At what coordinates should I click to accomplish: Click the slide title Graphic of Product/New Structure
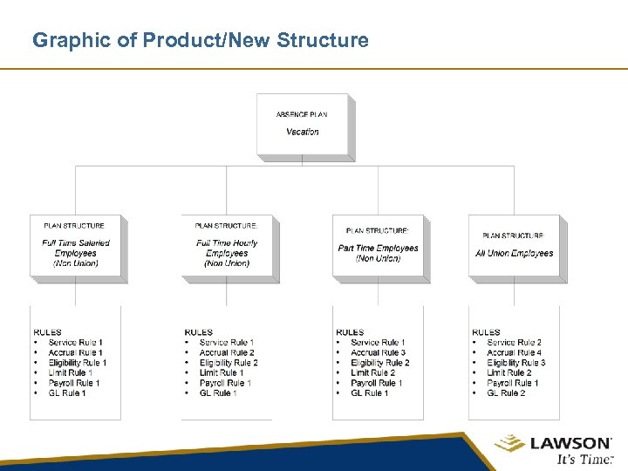point(200,40)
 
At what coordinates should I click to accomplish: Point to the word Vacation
point(303,132)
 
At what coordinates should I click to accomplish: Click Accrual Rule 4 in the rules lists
point(514,352)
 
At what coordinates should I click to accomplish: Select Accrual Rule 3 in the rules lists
point(378,352)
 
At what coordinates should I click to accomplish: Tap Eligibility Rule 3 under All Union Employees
point(515,363)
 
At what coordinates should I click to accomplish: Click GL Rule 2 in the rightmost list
point(506,393)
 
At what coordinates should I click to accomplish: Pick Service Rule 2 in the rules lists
point(514,343)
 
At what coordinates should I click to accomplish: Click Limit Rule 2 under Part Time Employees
point(372,372)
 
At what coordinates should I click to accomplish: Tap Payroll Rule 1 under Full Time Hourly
point(225,383)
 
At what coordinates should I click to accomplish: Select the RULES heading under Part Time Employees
point(350,332)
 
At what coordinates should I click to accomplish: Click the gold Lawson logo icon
point(510,444)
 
